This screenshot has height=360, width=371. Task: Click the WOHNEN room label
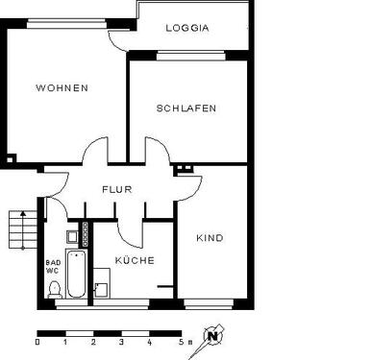click(x=62, y=88)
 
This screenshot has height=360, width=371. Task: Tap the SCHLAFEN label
click(x=185, y=108)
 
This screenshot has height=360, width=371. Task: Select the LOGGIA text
click(x=186, y=29)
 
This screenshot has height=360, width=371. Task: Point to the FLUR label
click(x=116, y=189)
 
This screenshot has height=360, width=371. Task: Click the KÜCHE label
click(x=134, y=260)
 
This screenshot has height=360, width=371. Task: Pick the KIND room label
click(x=210, y=238)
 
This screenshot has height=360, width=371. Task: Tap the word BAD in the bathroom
click(x=52, y=261)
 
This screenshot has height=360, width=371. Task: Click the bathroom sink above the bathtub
click(x=72, y=236)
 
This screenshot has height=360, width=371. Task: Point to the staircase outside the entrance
click(x=16, y=231)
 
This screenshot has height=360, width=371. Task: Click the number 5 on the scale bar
click(x=179, y=342)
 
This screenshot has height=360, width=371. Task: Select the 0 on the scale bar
click(x=37, y=342)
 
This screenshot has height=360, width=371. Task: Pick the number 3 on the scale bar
click(x=122, y=342)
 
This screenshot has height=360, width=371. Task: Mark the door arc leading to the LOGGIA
click(x=119, y=38)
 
